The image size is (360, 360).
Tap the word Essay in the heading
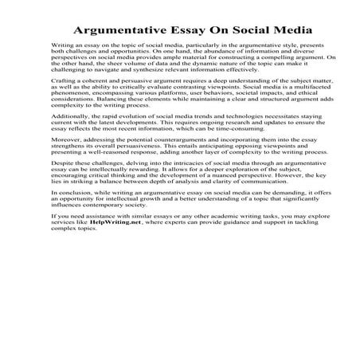click(x=188, y=30)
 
